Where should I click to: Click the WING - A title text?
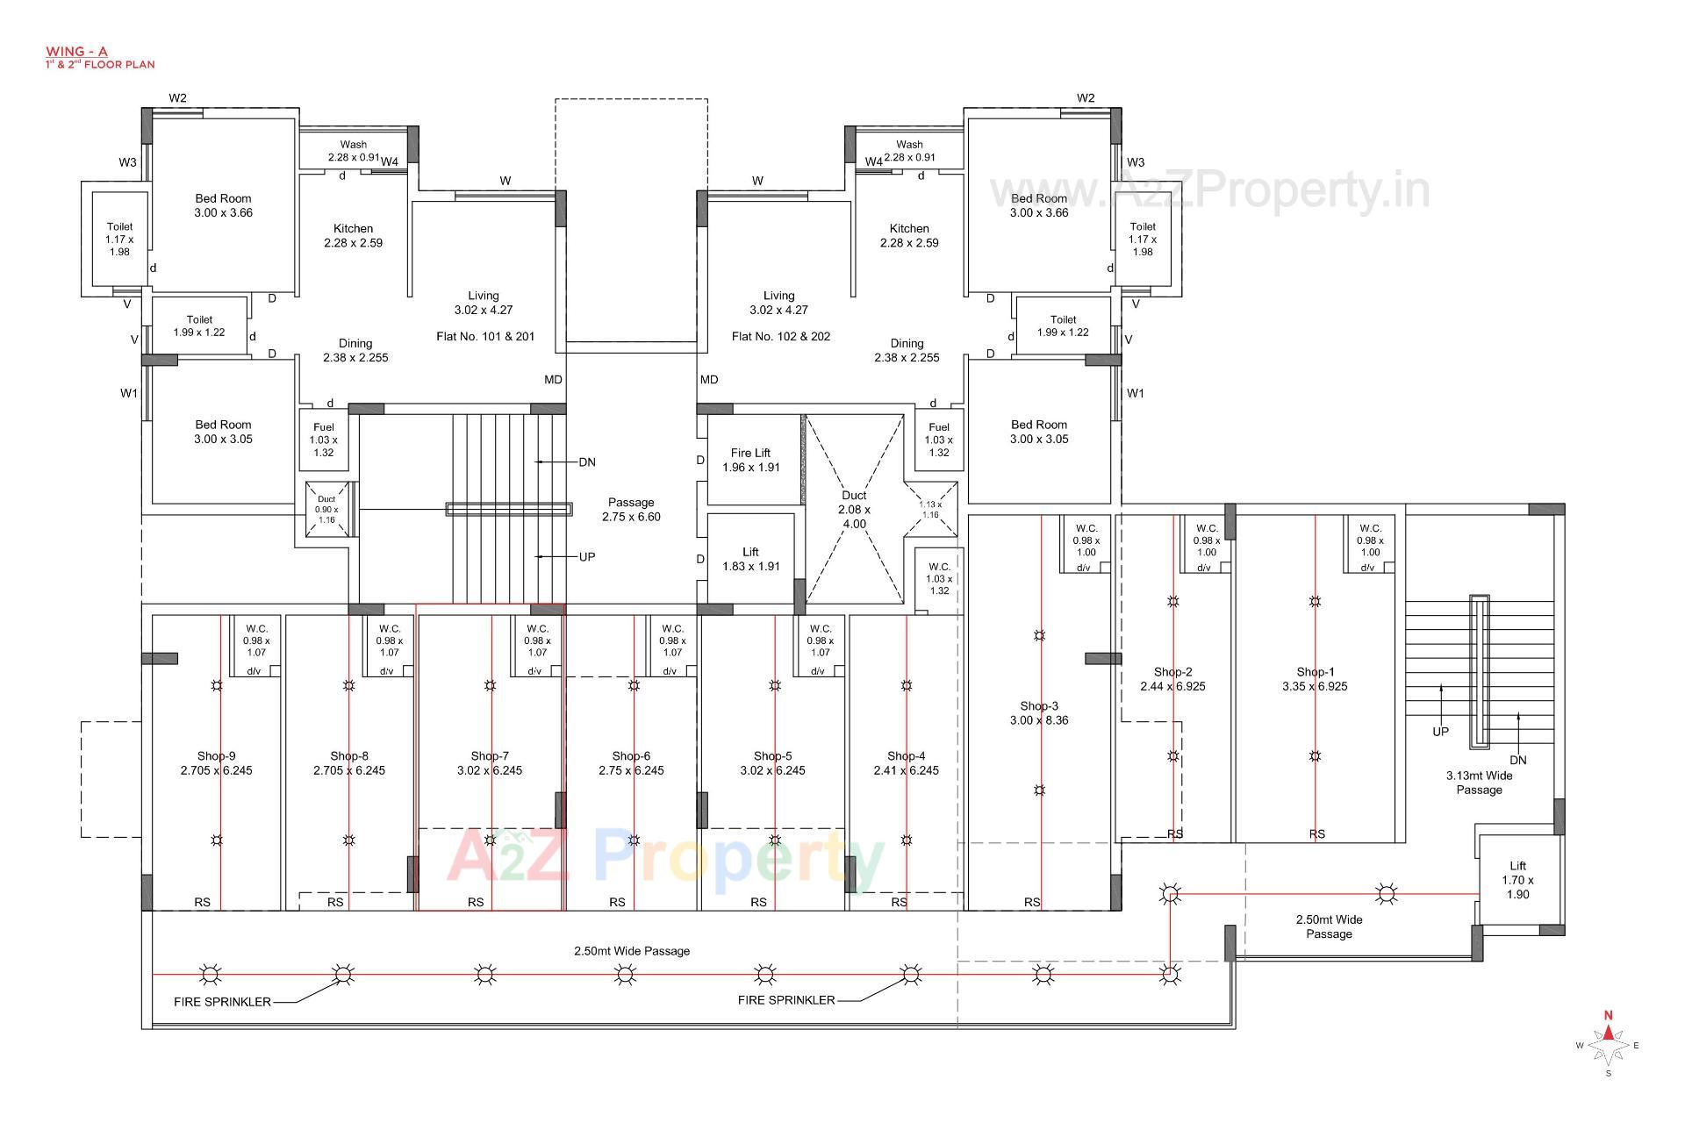(76, 52)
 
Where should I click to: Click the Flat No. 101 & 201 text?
(485, 336)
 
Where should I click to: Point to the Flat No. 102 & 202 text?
(780, 336)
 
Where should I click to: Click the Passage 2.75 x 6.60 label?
(631, 510)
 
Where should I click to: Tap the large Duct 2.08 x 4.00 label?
(854, 510)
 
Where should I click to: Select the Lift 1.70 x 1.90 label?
(1517, 880)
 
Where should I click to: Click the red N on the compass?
(1608, 1015)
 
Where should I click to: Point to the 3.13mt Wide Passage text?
(1479, 783)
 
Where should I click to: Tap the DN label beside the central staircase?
(587, 462)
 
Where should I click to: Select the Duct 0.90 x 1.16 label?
(326, 510)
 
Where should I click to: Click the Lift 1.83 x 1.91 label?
(750, 559)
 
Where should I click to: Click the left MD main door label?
(553, 380)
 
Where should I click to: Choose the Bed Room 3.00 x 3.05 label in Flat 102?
(1039, 432)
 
